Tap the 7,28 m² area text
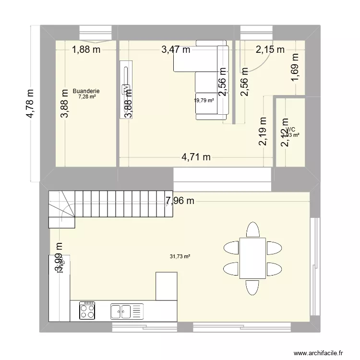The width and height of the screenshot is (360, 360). (x=87, y=96)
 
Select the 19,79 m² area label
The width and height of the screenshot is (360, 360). (x=204, y=100)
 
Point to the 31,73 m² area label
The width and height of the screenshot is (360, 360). (x=180, y=256)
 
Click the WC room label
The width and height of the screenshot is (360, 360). (x=290, y=129)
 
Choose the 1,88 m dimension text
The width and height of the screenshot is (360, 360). (x=86, y=48)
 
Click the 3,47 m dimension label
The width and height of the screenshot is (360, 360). (x=176, y=48)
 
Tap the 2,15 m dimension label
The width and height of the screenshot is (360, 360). (x=270, y=48)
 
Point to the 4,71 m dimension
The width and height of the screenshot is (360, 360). (x=196, y=156)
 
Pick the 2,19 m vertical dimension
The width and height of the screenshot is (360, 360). (x=263, y=131)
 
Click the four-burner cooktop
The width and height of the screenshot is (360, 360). (x=87, y=311)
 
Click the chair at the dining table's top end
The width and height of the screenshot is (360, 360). (x=252, y=230)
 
